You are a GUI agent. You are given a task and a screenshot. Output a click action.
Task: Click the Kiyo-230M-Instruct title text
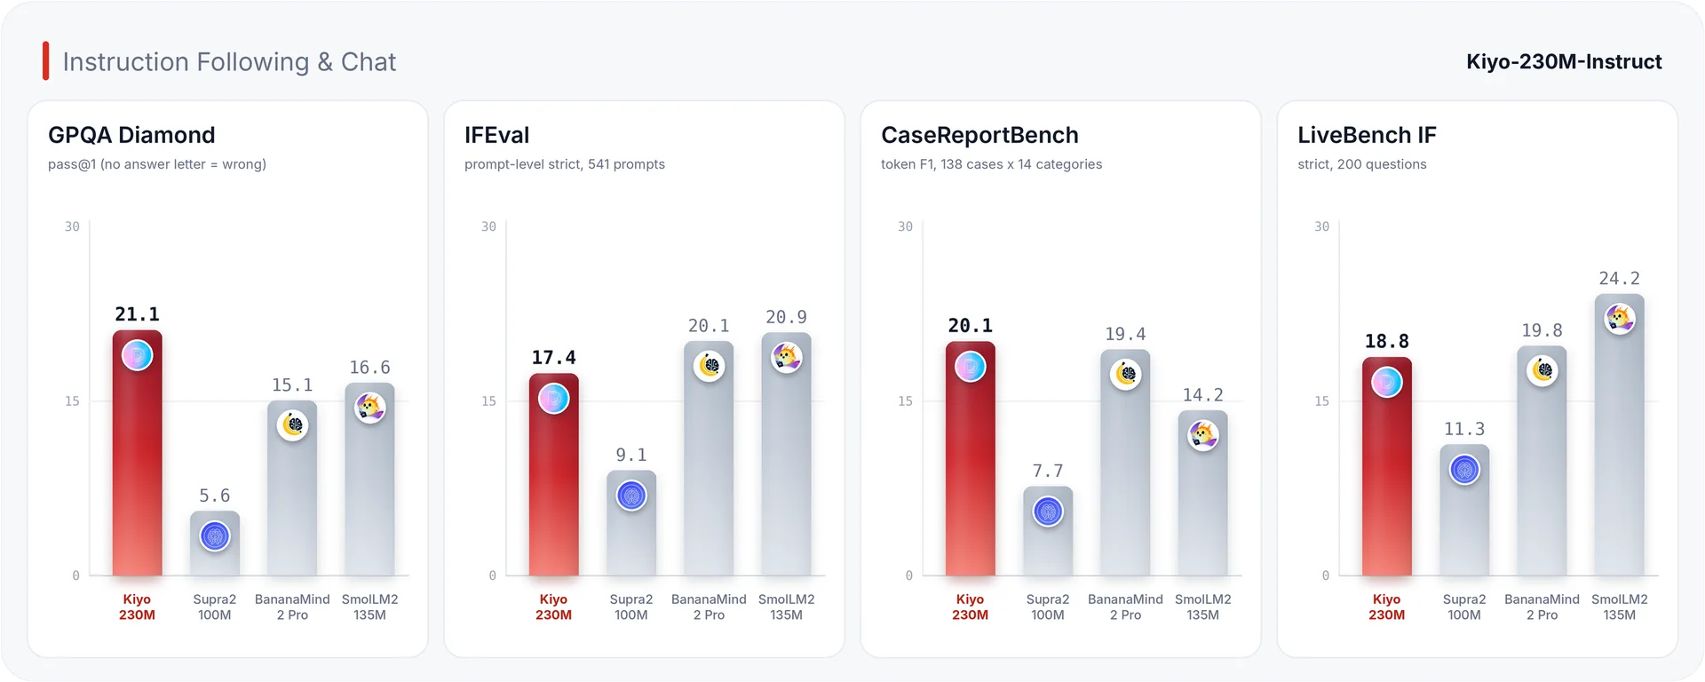tap(1564, 61)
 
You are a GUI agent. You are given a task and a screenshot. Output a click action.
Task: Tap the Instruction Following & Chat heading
tap(229, 62)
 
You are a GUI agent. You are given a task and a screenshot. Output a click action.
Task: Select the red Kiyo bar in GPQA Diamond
tap(137, 453)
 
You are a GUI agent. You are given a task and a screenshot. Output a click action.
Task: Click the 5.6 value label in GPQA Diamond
tap(215, 496)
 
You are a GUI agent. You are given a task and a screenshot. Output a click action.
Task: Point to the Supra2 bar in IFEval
tap(631, 523)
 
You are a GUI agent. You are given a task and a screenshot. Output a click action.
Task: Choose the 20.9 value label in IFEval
tap(787, 317)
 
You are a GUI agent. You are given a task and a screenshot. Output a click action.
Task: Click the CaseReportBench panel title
tap(979, 135)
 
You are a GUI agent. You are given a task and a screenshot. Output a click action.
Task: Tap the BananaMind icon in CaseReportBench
tap(1126, 374)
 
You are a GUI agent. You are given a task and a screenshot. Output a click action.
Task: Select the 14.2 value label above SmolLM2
tap(1203, 395)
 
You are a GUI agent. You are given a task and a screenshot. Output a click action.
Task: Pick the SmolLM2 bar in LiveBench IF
tap(1620, 435)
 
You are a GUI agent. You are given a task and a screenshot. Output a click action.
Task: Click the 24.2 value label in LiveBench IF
tap(1620, 279)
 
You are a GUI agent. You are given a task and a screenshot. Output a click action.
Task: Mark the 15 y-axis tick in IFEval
tap(488, 401)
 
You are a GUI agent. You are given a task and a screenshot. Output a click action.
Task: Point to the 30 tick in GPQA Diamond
tap(72, 226)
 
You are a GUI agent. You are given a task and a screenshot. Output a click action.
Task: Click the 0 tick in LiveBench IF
tap(1326, 575)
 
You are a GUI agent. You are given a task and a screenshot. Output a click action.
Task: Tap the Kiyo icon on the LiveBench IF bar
tap(1387, 382)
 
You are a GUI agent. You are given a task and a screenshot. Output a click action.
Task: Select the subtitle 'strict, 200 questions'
tap(1362, 164)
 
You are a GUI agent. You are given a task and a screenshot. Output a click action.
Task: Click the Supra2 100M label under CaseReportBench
tap(1048, 607)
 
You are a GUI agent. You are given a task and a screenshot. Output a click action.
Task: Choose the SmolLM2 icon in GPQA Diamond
tap(370, 408)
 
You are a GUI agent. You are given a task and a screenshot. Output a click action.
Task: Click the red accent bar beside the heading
tap(45, 61)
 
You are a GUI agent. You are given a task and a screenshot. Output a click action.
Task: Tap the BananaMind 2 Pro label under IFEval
tap(709, 607)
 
